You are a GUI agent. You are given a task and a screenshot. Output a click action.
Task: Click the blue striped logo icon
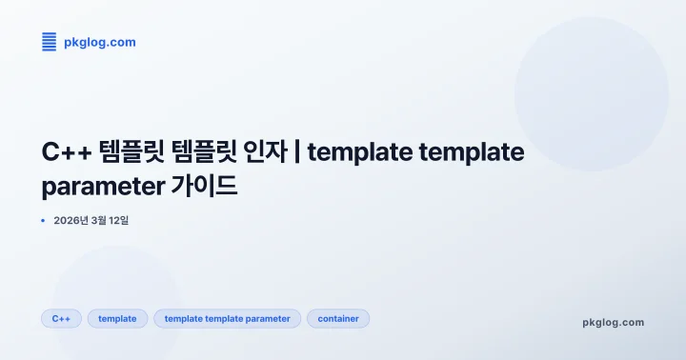point(49,41)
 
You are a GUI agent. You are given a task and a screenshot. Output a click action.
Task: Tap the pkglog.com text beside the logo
point(99,42)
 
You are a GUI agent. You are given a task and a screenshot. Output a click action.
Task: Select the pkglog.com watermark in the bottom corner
point(613,322)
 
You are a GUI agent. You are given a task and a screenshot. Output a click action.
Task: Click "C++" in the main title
point(67,151)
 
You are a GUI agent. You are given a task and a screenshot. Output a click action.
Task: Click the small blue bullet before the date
point(43,220)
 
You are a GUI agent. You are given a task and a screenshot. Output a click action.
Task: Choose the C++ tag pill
point(61,319)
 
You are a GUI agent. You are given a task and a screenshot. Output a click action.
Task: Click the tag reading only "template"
point(117,319)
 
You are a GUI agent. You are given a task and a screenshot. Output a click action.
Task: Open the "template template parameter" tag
point(227,319)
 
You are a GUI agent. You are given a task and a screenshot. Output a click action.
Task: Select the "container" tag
point(338,319)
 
